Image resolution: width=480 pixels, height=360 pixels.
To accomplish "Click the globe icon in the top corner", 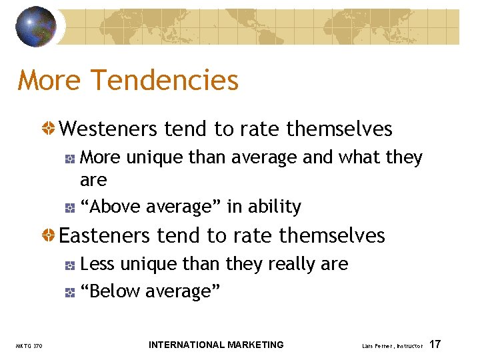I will pos(37,27).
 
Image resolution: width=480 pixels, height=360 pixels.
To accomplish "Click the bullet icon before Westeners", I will pos(49,129).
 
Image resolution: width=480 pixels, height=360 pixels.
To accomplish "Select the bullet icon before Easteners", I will pos(49,236).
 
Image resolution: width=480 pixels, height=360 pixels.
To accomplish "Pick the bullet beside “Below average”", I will pos(70,292).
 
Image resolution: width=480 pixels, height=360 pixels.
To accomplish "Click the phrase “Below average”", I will pos(150,291).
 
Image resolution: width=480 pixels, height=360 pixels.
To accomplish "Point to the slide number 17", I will pos(435,345).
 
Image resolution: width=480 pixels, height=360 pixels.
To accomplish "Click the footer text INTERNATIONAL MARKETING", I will pos(216,345).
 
